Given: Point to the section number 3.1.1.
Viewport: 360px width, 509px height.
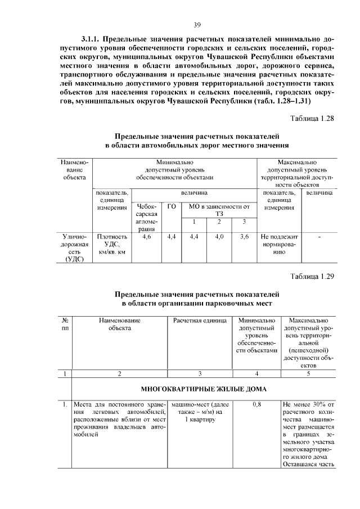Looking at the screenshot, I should click(x=92, y=40).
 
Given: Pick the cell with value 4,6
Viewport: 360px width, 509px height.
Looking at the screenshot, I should click(x=147, y=237).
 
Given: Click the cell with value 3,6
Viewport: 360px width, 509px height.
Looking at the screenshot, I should click(x=244, y=237).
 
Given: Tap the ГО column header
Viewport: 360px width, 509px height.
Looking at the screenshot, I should click(x=172, y=207).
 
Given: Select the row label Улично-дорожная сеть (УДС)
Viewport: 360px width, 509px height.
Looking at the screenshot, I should click(x=74, y=248).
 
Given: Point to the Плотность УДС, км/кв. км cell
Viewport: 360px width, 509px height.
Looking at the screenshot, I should click(x=112, y=245).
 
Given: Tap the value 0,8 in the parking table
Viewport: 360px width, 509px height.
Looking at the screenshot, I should click(x=256, y=404).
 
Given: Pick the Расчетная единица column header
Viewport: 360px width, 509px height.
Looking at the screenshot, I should click(x=200, y=320).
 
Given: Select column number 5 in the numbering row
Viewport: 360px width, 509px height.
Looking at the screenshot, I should click(x=308, y=373).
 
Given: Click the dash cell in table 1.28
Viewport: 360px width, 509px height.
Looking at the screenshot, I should click(x=319, y=237).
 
